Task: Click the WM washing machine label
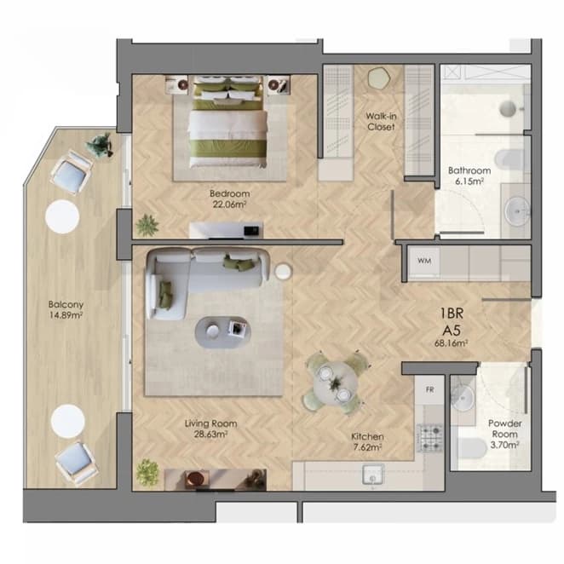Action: click(x=424, y=261)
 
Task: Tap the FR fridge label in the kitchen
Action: click(x=430, y=389)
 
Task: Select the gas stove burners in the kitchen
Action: click(x=430, y=438)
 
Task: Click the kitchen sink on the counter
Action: click(x=373, y=475)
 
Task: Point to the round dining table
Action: click(x=336, y=383)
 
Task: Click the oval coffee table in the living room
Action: click(x=223, y=332)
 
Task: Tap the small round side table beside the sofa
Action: click(x=283, y=271)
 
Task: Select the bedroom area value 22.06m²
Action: click(x=229, y=204)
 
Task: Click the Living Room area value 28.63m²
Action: click(x=210, y=435)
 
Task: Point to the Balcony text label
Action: click(x=66, y=305)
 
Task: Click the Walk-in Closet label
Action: click(x=381, y=122)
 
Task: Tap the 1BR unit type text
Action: click(x=452, y=314)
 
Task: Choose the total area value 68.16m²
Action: click(x=451, y=343)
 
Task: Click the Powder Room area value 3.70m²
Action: click(x=504, y=445)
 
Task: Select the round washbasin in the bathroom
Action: click(x=517, y=211)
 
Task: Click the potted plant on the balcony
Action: click(x=99, y=145)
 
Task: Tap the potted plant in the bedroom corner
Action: click(x=147, y=226)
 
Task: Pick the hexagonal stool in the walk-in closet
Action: click(x=378, y=78)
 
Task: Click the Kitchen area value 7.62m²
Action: click(x=367, y=447)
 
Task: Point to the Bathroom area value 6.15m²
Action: click(x=469, y=181)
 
